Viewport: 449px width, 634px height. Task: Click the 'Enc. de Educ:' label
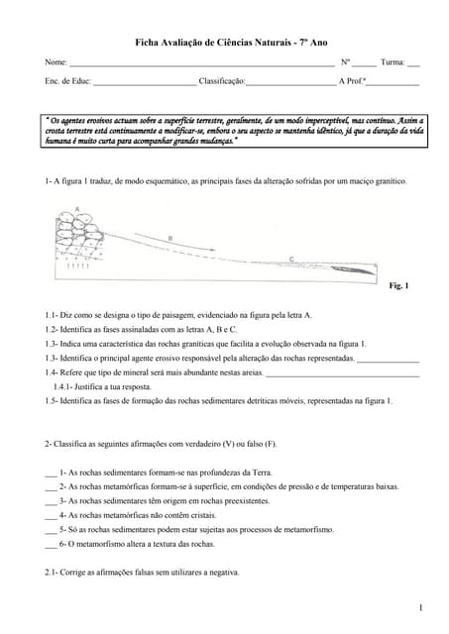click(x=67, y=81)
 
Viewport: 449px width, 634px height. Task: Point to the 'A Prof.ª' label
click(x=352, y=81)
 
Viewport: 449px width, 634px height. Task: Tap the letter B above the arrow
click(x=169, y=238)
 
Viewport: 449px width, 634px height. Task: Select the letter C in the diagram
click(x=290, y=259)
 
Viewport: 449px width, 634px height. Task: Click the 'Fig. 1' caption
click(x=398, y=285)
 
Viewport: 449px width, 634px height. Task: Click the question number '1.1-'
click(x=54, y=314)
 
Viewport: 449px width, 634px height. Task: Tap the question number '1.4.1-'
click(x=66, y=386)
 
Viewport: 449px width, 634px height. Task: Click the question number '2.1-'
click(x=54, y=573)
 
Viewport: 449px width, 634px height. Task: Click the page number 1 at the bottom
click(x=420, y=606)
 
